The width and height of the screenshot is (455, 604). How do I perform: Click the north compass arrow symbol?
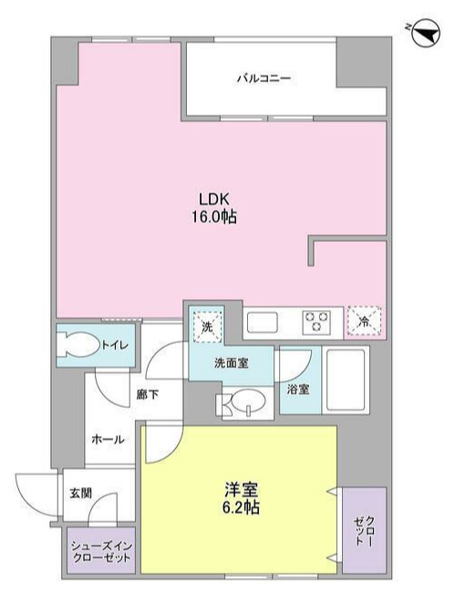click(x=423, y=36)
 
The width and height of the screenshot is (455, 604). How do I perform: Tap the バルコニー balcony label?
click(x=265, y=78)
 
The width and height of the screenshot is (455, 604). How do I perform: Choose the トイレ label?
click(x=114, y=345)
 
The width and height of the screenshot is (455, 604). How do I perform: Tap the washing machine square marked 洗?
click(x=206, y=324)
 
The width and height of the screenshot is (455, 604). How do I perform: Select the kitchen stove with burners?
click(x=316, y=322)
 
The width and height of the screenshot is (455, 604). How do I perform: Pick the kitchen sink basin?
click(x=264, y=322)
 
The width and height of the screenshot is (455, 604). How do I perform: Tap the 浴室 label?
click(x=298, y=389)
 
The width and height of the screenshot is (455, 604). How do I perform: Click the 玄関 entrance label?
click(x=79, y=493)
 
